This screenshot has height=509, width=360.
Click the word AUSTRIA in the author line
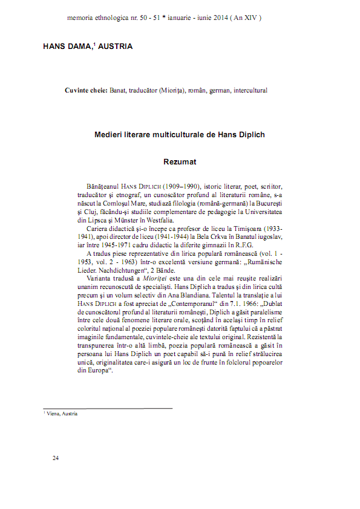(116, 47)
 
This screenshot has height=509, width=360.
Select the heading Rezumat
(180, 162)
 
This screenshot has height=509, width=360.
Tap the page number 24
(55, 458)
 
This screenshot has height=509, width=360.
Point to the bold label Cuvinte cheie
(86, 90)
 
